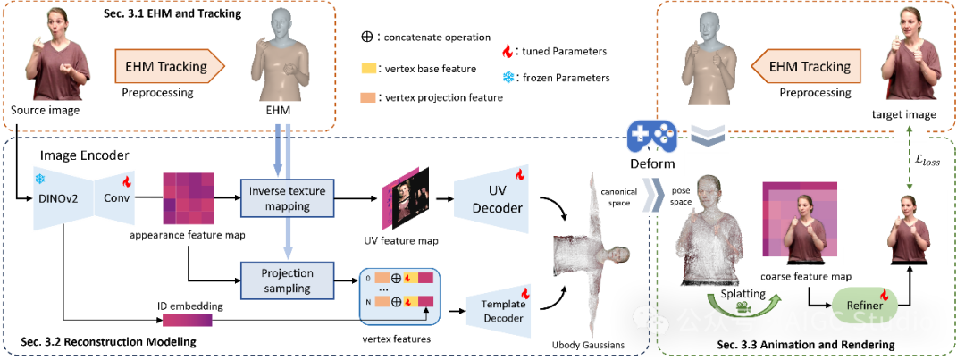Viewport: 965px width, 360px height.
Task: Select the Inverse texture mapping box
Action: [x=288, y=198]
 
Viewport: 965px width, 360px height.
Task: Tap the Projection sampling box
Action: [x=288, y=280]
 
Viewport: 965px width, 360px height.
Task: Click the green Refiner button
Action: [x=865, y=306]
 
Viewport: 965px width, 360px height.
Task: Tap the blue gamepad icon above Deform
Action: [x=651, y=137]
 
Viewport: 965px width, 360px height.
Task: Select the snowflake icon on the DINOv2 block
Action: [x=40, y=179]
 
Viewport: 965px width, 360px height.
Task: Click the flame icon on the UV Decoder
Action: [x=520, y=172]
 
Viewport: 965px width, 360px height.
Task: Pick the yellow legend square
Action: [x=368, y=69]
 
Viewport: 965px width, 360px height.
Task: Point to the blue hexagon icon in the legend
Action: [x=508, y=78]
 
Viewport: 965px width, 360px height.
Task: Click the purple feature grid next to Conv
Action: [x=189, y=197]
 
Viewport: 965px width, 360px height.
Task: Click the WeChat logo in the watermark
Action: [x=650, y=319]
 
